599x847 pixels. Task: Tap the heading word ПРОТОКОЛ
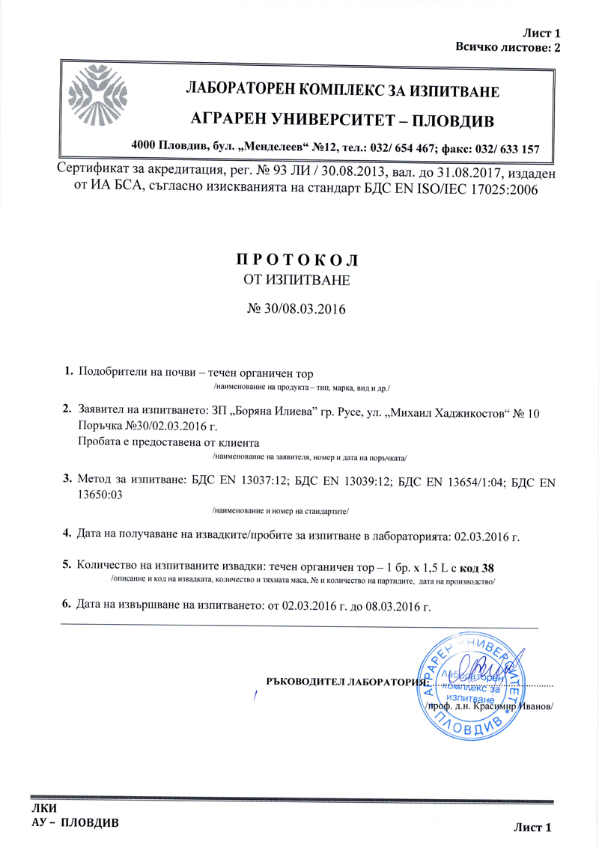[x=298, y=260]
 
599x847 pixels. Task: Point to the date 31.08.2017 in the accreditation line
[x=422, y=173]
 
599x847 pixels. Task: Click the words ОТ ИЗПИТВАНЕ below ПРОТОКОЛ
[x=298, y=281]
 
